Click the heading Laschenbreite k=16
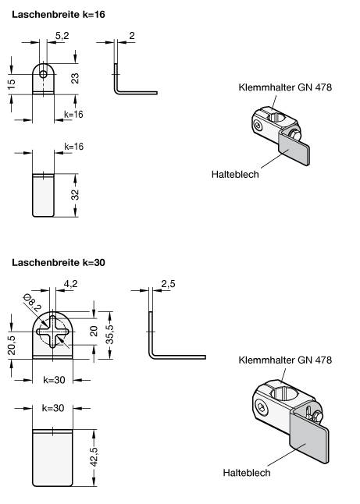59,15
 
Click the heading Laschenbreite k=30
59,263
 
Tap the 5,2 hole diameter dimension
62,36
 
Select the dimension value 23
75,79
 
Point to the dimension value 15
11,84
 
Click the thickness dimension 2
132,35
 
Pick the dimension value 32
75,195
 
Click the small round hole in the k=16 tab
43,75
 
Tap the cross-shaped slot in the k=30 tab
53,332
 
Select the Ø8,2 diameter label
33,303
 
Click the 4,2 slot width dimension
71,284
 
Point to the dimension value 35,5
110,334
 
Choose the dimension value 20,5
11,345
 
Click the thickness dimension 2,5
168,284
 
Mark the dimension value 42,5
94,456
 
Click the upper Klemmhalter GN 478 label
285,87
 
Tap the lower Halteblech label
247,473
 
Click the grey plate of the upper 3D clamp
294,150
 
